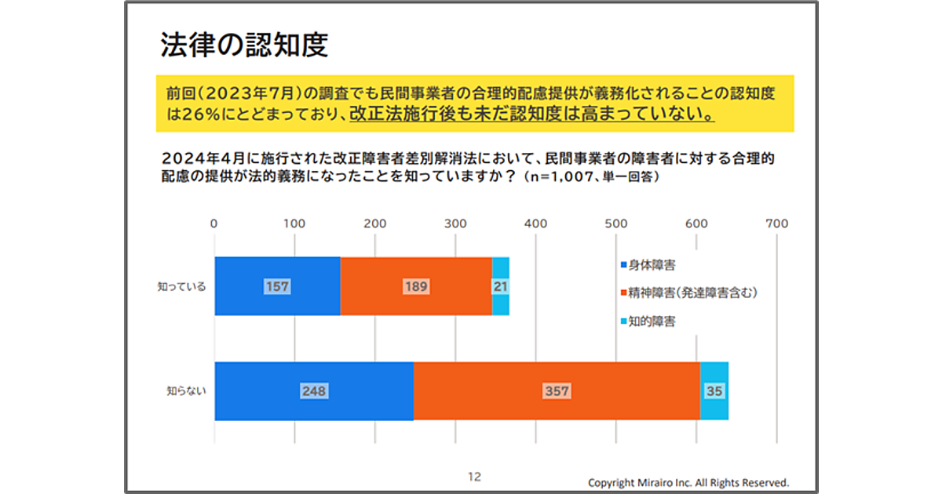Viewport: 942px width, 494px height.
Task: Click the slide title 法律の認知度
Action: point(243,45)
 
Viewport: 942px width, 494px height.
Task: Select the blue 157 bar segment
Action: point(277,286)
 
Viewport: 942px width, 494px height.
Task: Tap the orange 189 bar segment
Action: point(416,286)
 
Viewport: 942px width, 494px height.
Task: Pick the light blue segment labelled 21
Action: point(500,286)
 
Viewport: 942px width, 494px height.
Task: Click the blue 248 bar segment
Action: point(313,391)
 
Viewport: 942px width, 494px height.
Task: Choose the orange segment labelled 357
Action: point(557,391)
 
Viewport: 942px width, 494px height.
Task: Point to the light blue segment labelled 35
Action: point(714,391)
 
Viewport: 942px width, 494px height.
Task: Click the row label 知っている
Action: point(181,287)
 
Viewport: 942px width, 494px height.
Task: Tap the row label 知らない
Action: point(186,390)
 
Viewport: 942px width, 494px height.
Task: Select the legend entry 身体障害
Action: point(652,265)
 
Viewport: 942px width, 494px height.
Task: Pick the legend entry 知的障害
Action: point(652,321)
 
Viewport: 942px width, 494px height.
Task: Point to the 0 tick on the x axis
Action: point(214,223)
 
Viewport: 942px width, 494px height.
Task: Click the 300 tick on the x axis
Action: point(455,223)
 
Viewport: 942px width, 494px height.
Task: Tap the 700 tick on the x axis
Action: point(776,223)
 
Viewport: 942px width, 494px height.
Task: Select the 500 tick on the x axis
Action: point(616,223)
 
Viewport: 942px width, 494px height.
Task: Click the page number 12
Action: point(474,476)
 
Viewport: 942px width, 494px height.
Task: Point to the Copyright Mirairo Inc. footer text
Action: point(688,482)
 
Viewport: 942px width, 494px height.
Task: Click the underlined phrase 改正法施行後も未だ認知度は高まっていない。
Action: point(532,114)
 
